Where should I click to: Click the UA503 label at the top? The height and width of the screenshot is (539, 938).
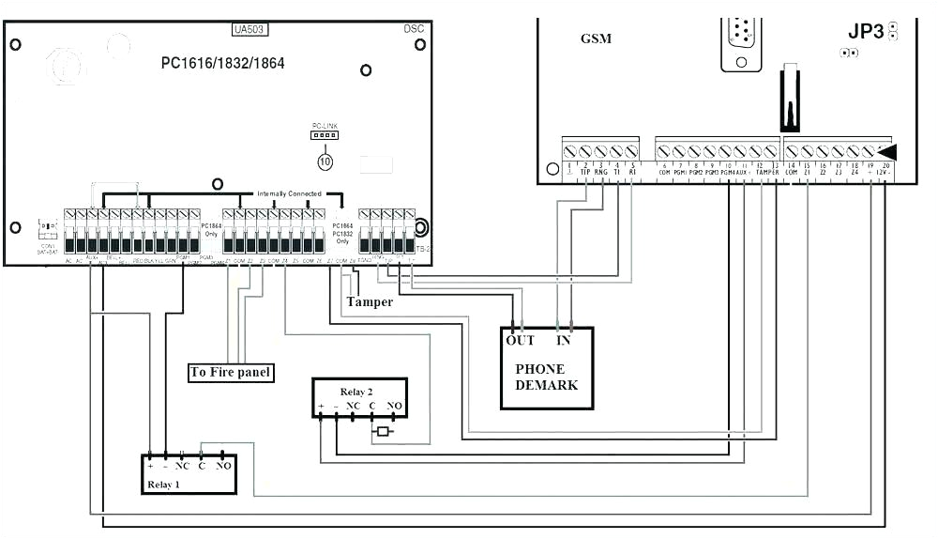coord(250,30)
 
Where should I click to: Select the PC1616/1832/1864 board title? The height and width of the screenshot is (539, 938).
coord(222,64)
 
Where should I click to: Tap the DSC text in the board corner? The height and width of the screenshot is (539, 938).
coord(415,29)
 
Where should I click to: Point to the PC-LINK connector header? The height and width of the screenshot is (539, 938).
coord(324,135)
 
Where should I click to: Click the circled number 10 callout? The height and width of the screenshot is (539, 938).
coord(325,162)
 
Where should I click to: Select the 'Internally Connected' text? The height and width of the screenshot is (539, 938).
coord(289,193)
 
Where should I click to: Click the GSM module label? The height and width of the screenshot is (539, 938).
coord(597,38)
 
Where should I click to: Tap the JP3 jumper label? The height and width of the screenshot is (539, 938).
coord(866,31)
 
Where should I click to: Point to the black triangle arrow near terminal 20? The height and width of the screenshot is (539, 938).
coord(885,151)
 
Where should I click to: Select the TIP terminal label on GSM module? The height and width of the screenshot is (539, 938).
coord(584,173)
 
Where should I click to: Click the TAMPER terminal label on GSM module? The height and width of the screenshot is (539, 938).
coord(767,173)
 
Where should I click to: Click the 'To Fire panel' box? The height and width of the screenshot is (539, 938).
coord(231,373)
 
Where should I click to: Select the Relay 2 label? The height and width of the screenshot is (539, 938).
coord(360,390)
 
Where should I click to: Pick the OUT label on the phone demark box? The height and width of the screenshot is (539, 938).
coord(520,340)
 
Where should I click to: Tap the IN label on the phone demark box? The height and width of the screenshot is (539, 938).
coord(565,340)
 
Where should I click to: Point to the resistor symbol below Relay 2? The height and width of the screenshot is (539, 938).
coord(382,432)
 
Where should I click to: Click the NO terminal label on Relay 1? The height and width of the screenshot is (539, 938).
coord(223,466)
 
